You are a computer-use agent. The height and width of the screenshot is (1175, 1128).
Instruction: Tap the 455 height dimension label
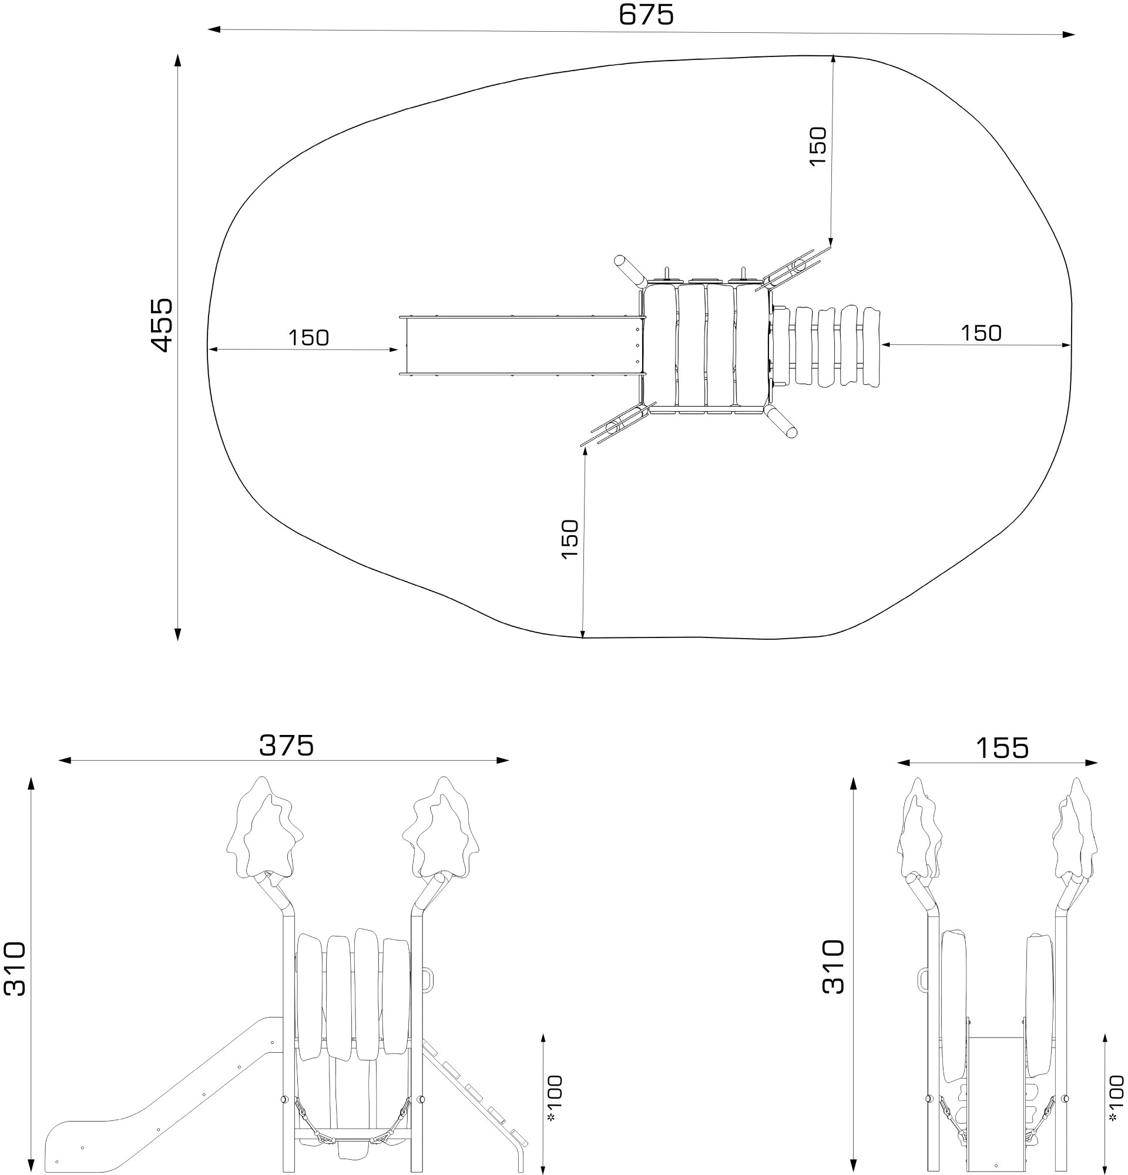coord(162,325)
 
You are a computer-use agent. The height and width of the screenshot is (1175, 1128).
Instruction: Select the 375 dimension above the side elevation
coord(287,746)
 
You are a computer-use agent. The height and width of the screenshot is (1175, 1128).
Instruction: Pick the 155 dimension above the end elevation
coord(1002,748)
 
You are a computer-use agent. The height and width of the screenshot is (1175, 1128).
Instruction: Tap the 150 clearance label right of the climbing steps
coord(981,333)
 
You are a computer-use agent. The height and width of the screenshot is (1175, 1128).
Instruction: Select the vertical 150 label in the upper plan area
coord(818,147)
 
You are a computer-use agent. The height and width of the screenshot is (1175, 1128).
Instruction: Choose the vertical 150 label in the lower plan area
coord(570,539)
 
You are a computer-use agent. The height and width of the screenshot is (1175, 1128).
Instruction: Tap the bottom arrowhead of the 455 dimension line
coord(177,634)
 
